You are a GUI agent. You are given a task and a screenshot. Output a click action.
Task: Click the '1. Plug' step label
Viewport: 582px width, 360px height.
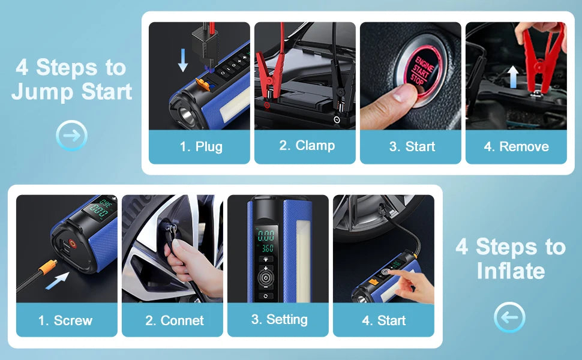tap(201, 146)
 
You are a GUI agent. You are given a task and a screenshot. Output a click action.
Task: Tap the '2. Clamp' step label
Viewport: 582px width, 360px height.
tap(307, 145)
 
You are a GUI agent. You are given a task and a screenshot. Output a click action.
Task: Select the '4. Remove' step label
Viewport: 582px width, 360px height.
tap(517, 146)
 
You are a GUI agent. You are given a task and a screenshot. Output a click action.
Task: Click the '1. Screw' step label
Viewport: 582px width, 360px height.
tap(65, 320)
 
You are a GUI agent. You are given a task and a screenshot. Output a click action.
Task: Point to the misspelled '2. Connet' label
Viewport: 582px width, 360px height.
tap(175, 320)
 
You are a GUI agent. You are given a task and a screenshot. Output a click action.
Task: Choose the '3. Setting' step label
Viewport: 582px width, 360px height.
tap(279, 320)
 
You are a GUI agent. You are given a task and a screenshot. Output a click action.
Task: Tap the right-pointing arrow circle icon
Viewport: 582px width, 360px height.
tap(71, 135)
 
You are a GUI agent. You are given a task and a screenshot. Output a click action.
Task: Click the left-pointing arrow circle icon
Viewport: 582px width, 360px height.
tap(509, 317)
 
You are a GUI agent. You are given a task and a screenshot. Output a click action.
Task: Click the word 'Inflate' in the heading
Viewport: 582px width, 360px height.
tap(511, 271)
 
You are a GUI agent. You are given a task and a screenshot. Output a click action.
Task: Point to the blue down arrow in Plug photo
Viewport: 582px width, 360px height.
tap(182, 60)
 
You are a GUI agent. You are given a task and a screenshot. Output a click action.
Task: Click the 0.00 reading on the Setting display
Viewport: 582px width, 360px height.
tap(266, 235)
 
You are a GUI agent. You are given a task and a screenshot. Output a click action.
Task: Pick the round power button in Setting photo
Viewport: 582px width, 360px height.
tap(265, 278)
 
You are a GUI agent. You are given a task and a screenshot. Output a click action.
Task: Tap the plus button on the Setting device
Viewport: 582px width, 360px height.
tap(265, 268)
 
